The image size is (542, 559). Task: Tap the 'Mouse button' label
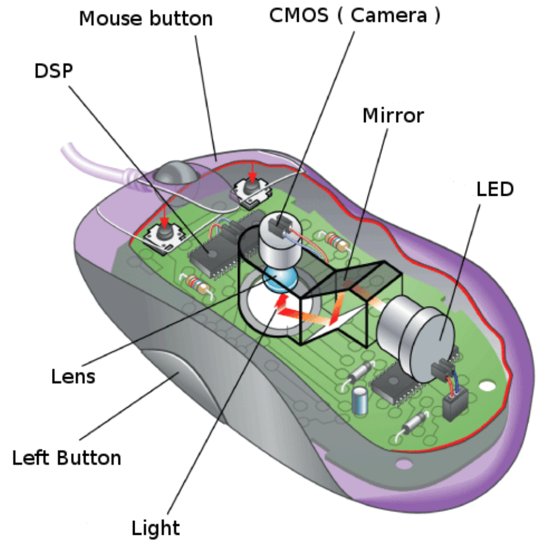click(146, 18)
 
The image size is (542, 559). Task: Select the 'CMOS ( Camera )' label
click(355, 16)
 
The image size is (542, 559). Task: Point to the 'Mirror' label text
click(393, 116)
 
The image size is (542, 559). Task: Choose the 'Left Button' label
click(67, 458)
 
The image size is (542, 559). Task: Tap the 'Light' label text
click(155, 527)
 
